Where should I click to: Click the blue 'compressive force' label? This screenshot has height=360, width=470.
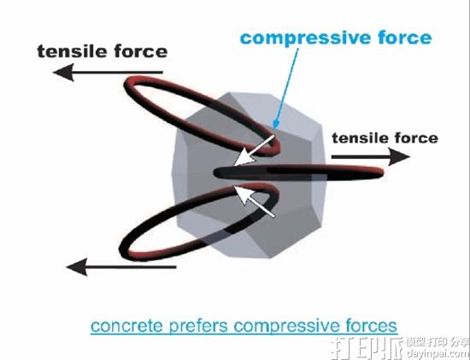pyautogui.click(x=336, y=38)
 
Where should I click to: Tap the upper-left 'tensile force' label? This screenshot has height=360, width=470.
pyautogui.click(x=103, y=51)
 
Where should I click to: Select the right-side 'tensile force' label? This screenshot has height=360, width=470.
pyautogui.click(x=385, y=138)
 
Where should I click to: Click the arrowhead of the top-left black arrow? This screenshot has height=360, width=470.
pyautogui.click(x=63, y=73)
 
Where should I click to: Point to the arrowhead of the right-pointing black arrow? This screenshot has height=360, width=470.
pyautogui.click(x=399, y=156)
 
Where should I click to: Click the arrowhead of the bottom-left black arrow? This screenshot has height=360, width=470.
pyautogui.click(x=77, y=267)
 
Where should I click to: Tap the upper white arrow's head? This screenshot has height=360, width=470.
pyautogui.click(x=244, y=158)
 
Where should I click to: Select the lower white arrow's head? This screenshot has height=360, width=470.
pyautogui.click(x=244, y=195)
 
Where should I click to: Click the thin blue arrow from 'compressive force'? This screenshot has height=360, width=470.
pyautogui.click(x=287, y=87)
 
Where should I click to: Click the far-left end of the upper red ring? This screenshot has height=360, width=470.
pyautogui.click(x=125, y=85)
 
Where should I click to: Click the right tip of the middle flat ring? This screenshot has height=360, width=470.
pyautogui.click(x=383, y=172)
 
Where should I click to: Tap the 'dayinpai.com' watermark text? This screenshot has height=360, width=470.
pyautogui.click(x=438, y=353)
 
